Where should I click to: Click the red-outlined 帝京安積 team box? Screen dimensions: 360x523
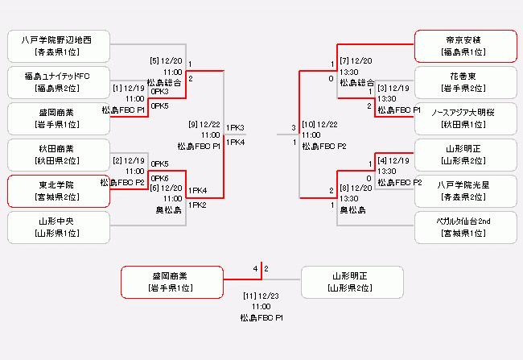coord(464,46)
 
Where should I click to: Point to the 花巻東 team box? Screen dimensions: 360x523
coord(464,82)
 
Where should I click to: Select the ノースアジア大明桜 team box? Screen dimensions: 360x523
coord(464,118)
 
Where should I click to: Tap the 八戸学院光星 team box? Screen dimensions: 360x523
coord(464,191)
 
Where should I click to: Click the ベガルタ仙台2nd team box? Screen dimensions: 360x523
coord(464,227)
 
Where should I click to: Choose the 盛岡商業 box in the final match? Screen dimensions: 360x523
coord(171,282)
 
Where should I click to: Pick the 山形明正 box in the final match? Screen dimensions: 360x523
coord(352,282)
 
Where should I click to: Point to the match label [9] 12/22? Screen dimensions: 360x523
coord(204,124)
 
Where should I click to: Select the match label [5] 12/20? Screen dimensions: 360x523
coord(166,60)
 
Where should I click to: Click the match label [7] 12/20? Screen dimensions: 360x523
coord(355,60)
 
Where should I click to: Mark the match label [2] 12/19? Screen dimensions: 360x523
coord(130,160)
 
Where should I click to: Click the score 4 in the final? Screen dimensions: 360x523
coord(255,268)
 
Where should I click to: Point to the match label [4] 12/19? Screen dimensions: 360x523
coord(393,160)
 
